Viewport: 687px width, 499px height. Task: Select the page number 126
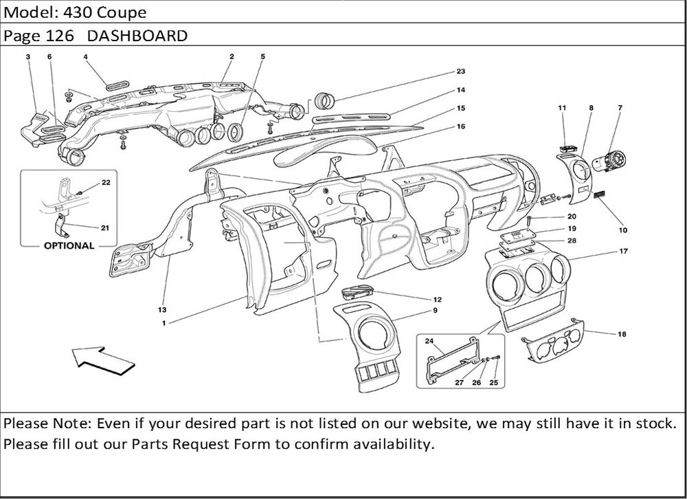[x=60, y=36]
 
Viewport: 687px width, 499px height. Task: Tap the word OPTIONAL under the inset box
[x=69, y=245]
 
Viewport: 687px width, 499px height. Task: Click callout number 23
[x=460, y=71]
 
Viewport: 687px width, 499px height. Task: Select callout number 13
[x=163, y=309]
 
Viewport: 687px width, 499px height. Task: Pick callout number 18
[x=622, y=334]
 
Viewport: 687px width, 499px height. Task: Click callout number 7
[x=620, y=108]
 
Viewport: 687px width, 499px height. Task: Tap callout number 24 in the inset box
[x=429, y=341]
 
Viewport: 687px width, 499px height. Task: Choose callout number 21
[x=105, y=228]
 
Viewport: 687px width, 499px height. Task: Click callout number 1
[x=164, y=322]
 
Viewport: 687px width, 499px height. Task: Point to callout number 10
[x=622, y=230]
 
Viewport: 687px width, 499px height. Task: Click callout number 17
[x=623, y=252]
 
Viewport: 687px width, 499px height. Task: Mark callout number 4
[x=86, y=57]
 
